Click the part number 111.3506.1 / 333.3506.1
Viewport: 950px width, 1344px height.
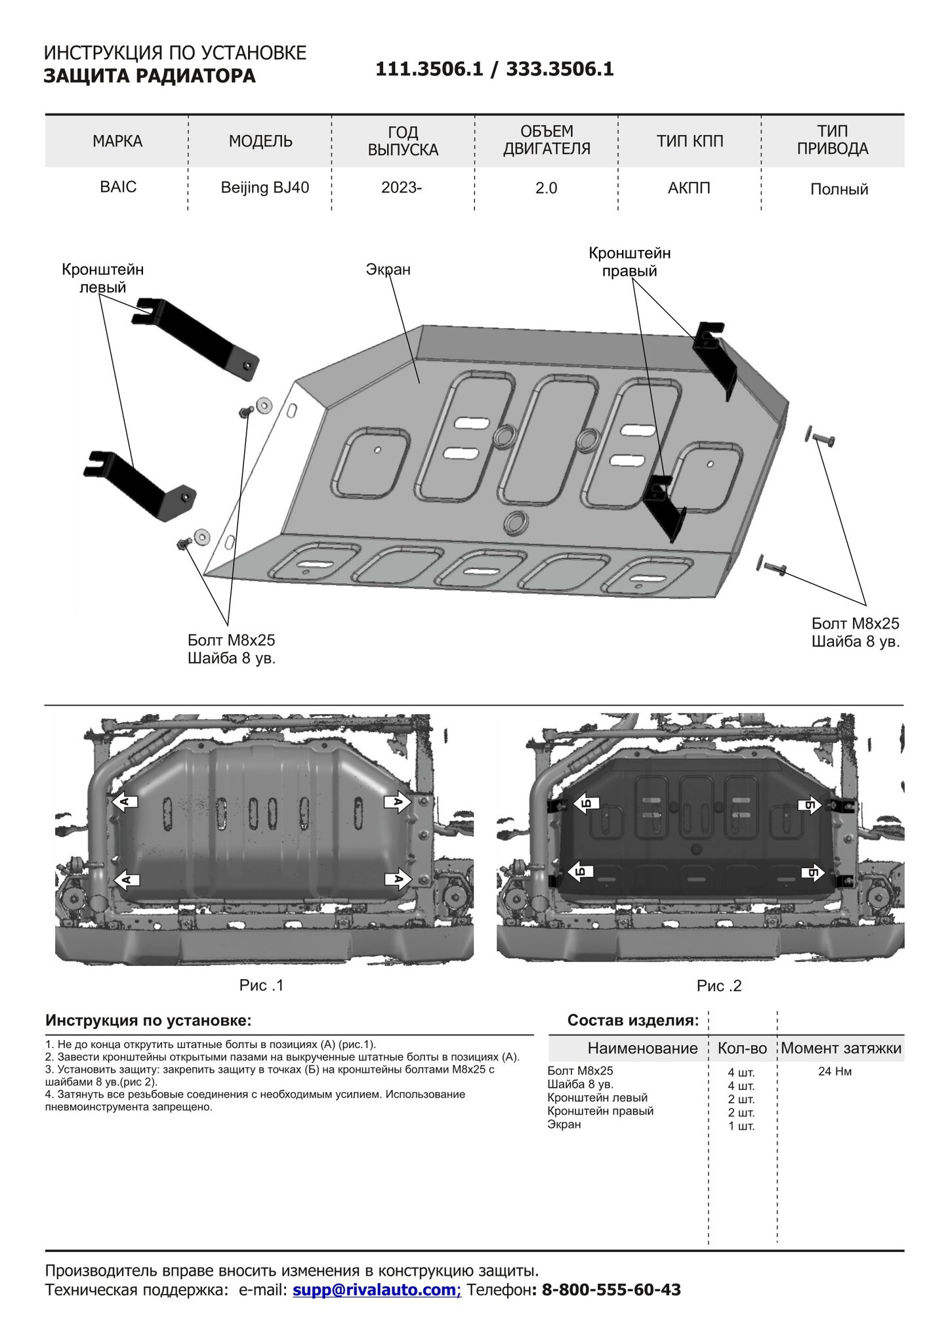tap(495, 70)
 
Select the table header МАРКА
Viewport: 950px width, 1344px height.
tap(117, 141)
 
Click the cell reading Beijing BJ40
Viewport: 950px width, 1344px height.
tap(265, 188)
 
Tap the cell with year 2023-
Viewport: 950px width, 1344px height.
tap(402, 188)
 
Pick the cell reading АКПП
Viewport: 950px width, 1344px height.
tap(689, 188)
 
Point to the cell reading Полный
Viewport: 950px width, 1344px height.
tap(839, 190)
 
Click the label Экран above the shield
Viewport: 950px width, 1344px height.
tap(388, 269)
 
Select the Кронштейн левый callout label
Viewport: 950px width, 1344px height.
tap(103, 278)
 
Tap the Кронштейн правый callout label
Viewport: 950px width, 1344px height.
tap(630, 262)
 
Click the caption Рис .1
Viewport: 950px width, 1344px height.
tap(261, 985)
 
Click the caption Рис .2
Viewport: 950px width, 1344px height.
tap(719, 986)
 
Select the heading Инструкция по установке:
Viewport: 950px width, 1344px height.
tap(148, 1020)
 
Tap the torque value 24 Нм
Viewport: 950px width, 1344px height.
tap(835, 1072)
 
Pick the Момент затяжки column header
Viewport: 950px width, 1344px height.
tap(841, 1048)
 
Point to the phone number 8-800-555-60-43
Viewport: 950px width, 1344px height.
tap(611, 1290)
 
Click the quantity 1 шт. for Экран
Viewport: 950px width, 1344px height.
tap(741, 1126)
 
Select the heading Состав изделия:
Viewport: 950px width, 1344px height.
tap(633, 1020)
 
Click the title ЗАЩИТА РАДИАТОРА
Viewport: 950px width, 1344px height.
tap(150, 76)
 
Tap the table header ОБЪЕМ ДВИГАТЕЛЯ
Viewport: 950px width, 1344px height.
tap(547, 140)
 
